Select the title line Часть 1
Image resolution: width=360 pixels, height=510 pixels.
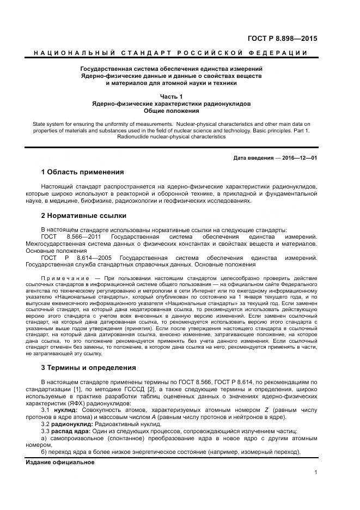coord(171,96)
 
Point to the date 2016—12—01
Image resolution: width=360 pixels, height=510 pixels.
coord(300,157)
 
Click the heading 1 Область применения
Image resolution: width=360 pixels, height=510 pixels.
coord(82,172)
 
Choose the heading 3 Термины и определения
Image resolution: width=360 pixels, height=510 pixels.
coord(89,368)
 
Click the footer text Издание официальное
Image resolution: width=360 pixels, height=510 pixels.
coord(60,462)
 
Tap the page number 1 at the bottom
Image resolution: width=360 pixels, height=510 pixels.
coord(315,472)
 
